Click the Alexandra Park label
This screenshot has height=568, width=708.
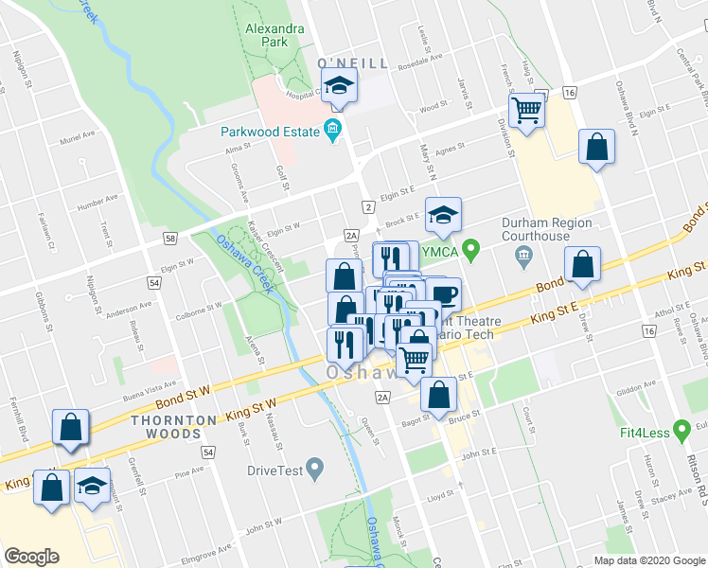tap(274, 35)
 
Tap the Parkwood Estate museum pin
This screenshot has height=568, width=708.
tap(332, 130)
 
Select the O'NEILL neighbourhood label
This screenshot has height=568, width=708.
tap(352, 62)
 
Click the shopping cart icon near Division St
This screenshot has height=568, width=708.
tap(526, 110)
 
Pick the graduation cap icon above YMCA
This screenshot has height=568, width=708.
tap(442, 215)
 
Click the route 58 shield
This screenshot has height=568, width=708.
tap(170, 240)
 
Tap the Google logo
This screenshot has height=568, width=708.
tap(31, 557)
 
